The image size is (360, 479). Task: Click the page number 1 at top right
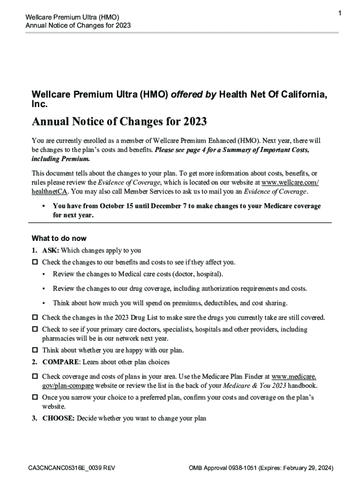[x=340, y=14]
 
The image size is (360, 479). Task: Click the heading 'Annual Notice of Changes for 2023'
[x=119, y=122]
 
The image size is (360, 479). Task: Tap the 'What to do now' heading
[x=59, y=238]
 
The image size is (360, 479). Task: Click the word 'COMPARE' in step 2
[x=59, y=362]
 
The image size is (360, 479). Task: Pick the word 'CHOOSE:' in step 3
[x=58, y=418]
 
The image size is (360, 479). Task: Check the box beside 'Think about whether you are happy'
[x=35, y=350]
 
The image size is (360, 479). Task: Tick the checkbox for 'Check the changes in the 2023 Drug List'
[x=35, y=318]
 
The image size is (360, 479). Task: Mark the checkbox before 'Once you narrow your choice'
[x=35, y=398]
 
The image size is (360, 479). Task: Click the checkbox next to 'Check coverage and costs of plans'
[x=35, y=377]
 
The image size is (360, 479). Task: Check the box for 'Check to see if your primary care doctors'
[x=35, y=330]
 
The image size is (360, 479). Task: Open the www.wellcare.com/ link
[x=290, y=182]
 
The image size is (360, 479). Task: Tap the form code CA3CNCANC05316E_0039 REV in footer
[x=71, y=468]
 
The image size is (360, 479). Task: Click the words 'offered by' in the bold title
[x=194, y=94]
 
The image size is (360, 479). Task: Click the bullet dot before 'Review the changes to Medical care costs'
[x=43, y=274]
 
